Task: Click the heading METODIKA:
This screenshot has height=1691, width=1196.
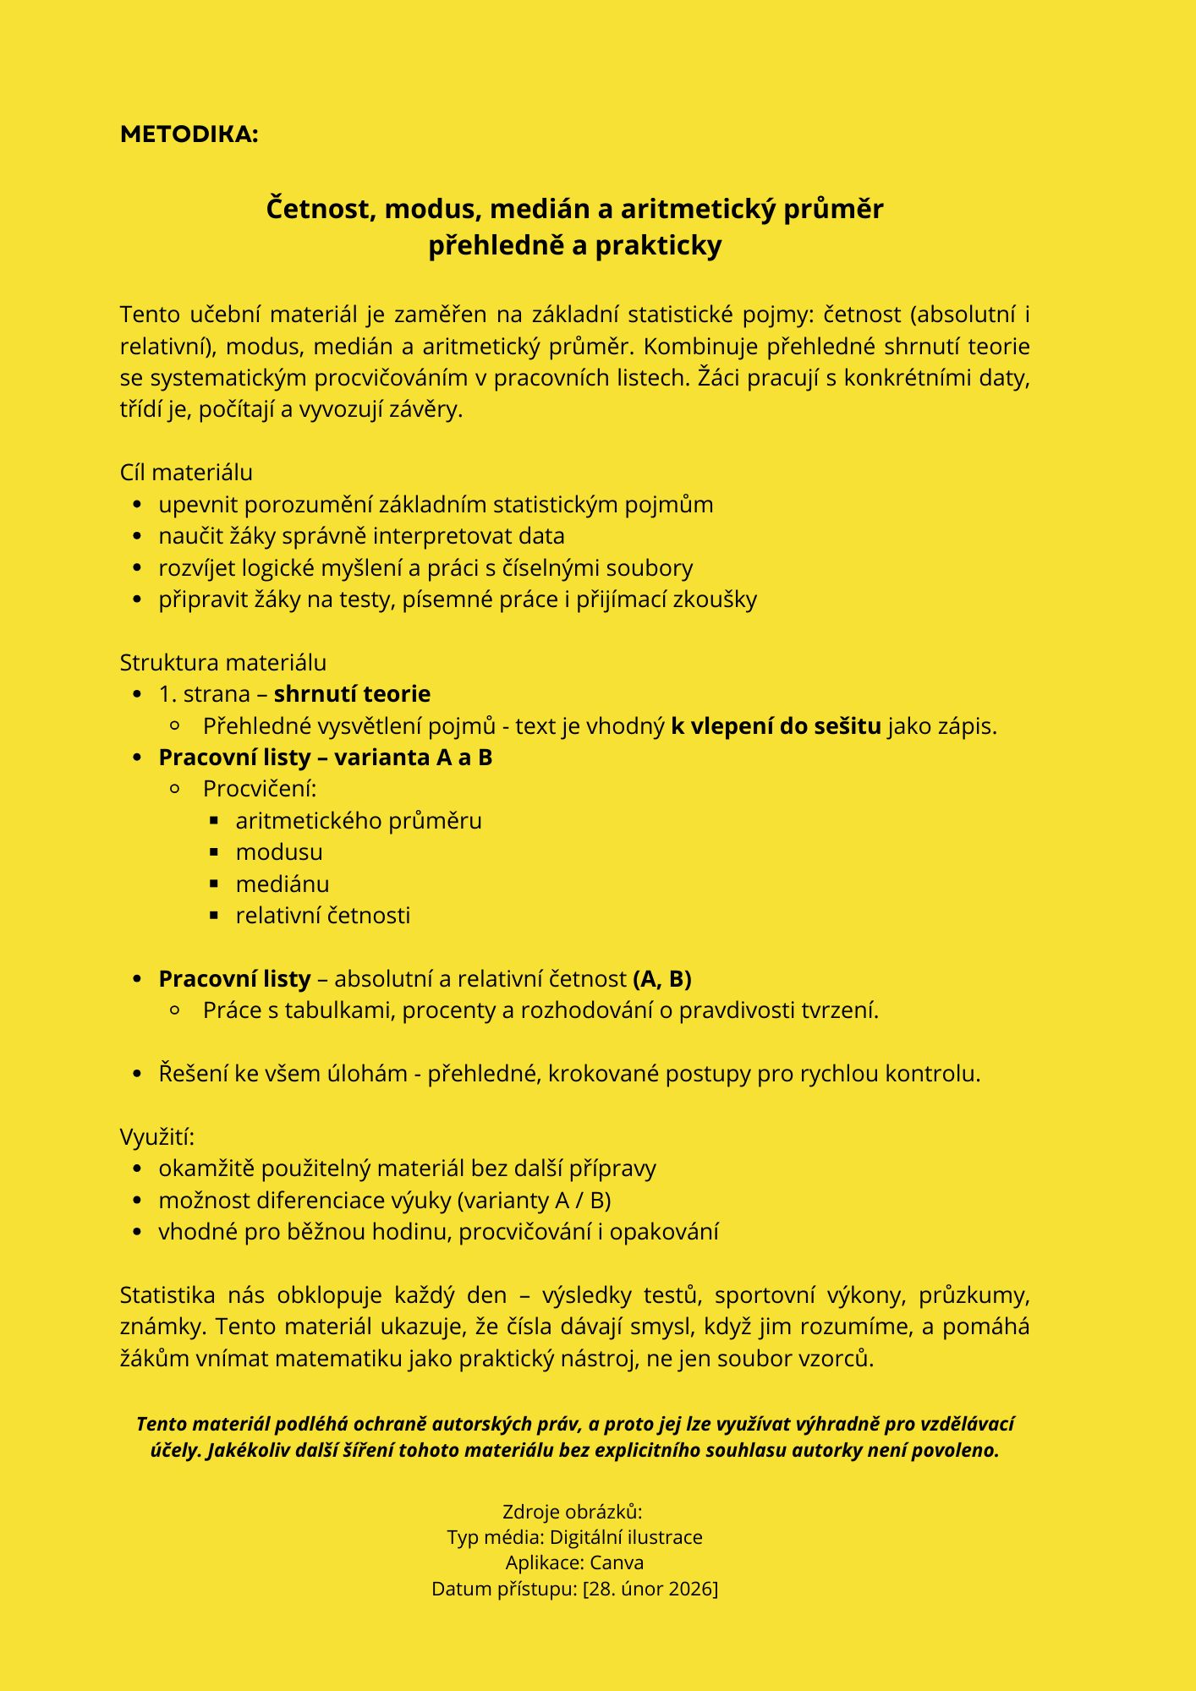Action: click(189, 134)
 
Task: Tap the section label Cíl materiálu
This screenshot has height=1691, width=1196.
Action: click(186, 473)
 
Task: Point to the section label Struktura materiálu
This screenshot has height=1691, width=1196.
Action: click(223, 662)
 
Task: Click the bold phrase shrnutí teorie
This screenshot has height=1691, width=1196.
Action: click(352, 694)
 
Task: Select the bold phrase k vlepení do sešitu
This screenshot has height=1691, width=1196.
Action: click(776, 726)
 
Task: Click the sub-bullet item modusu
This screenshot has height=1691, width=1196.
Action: click(279, 852)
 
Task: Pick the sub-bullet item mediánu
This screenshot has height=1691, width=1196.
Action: click(283, 884)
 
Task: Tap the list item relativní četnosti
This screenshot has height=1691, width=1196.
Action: click(323, 916)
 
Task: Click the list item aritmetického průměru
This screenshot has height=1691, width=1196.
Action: click(359, 821)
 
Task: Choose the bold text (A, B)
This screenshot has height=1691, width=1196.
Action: click(662, 979)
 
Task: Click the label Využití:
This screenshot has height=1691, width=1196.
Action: click(157, 1137)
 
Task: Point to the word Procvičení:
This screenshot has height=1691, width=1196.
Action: click(260, 789)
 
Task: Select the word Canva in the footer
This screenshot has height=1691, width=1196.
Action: click(617, 1562)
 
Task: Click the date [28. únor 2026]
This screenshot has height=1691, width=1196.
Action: click(650, 1589)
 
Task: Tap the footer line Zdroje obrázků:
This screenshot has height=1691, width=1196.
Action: click(573, 1512)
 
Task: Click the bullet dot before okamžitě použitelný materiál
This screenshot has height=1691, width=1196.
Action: click(137, 1169)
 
